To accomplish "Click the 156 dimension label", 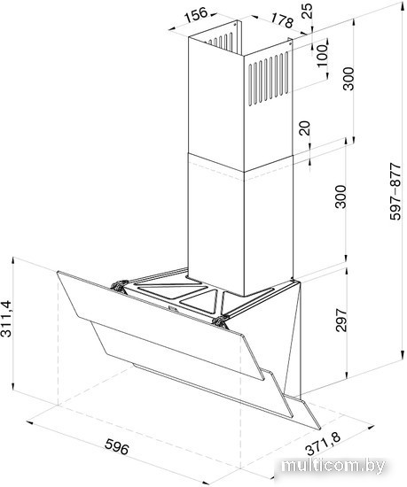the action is (x=196, y=16).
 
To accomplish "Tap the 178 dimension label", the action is (x=282, y=20).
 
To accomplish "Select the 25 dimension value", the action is (x=308, y=12).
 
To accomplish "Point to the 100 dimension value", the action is (x=323, y=55).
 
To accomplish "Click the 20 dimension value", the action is (x=305, y=128).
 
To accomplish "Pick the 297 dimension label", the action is (x=341, y=321).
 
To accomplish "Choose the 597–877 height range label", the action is (x=395, y=191).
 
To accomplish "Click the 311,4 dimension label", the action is (x=6, y=319).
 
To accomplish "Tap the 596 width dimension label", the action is (x=116, y=446).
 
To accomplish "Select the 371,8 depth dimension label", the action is (x=324, y=444).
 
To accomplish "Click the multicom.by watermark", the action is (x=333, y=466).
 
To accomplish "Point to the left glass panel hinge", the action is (x=120, y=285).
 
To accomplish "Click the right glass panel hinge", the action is (x=221, y=321).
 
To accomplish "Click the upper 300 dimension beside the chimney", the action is (x=349, y=78).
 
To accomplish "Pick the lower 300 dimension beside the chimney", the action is (x=341, y=197).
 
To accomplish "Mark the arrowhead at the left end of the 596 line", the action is (x=30, y=423).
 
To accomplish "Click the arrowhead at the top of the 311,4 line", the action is (x=12, y=260).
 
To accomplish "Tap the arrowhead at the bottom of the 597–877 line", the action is (x=403, y=355).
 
